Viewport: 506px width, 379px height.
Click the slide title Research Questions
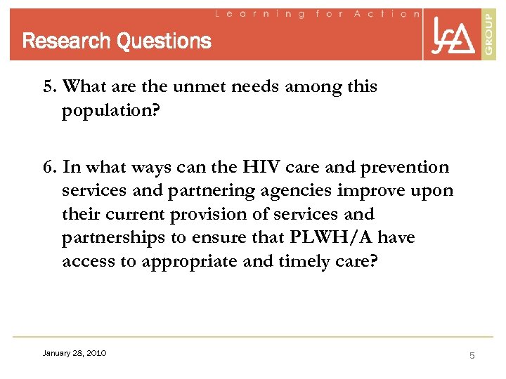(x=117, y=41)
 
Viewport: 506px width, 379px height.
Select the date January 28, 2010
(x=74, y=353)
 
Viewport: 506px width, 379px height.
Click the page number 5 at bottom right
(x=472, y=355)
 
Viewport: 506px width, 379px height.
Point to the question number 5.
(x=48, y=87)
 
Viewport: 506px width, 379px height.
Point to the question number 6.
(x=48, y=167)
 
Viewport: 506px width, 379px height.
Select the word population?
(x=108, y=111)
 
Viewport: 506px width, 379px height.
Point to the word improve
(x=382, y=191)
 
